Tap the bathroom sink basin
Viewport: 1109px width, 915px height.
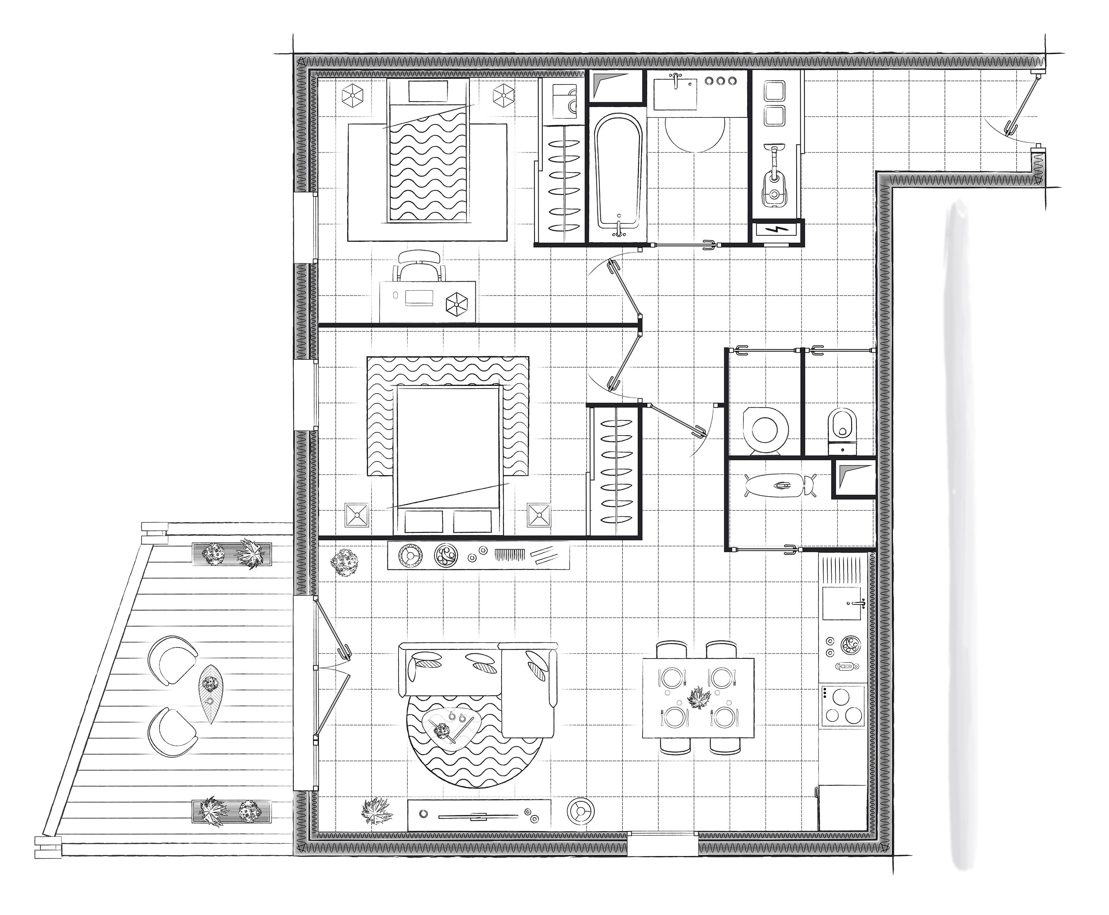click(675, 94)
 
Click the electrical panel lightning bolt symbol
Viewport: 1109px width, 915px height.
click(778, 230)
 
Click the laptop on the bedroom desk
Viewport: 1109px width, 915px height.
click(419, 297)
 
